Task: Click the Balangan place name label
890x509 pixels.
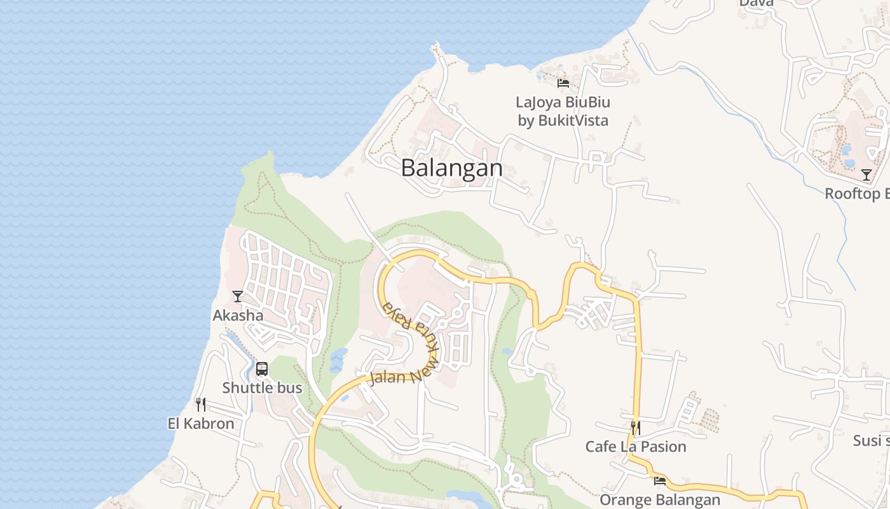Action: [x=452, y=168]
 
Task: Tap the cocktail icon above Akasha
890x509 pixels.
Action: [x=238, y=296]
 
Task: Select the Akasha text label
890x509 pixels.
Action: [x=238, y=316]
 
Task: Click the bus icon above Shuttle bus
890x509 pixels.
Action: [x=262, y=369]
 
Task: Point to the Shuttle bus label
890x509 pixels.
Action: [x=262, y=388]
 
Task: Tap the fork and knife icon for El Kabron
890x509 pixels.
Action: [x=201, y=405]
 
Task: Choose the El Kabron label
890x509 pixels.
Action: [x=201, y=424]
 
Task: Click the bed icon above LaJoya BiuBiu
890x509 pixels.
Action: [x=563, y=83]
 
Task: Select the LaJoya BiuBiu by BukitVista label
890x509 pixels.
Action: [x=563, y=111]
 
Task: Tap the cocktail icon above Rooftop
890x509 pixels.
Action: [x=866, y=175]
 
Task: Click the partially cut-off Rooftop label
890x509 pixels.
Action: [x=857, y=194]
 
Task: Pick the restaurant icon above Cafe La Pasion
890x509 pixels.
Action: [x=635, y=428]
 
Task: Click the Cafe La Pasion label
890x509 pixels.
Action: [x=636, y=447]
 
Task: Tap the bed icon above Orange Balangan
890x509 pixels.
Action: [x=660, y=481]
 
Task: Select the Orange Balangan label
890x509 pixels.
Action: [x=660, y=499]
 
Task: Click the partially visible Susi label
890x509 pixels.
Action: [x=871, y=441]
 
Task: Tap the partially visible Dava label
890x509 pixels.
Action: [x=756, y=3]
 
